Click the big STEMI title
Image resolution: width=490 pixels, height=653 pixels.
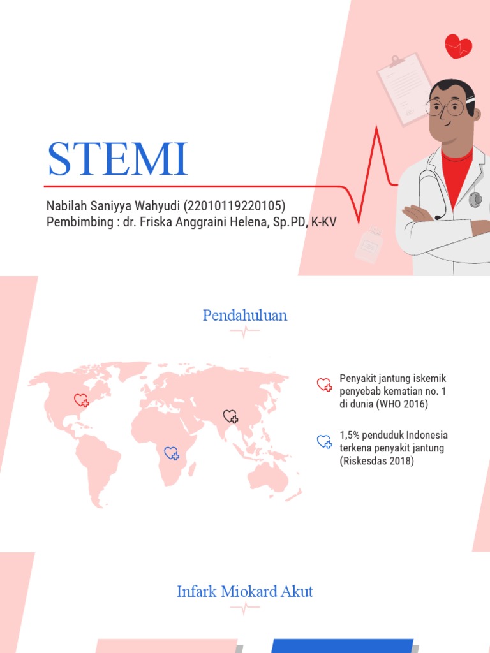[x=117, y=159]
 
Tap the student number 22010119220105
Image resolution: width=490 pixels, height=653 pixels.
[x=235, y=207]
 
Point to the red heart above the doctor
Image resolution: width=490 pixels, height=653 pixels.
[x=458, y=47]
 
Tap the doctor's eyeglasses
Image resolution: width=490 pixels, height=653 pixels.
[x=445, y=107]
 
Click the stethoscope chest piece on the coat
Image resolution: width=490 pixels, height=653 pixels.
[x=475, y=200]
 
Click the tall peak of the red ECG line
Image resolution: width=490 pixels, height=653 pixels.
[x=376, y=131]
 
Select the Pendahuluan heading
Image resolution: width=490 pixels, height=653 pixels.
[x=245, y=315]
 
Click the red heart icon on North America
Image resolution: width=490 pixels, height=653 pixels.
[x=82, y=400]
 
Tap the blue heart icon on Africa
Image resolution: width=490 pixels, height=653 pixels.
[x=172, y=453]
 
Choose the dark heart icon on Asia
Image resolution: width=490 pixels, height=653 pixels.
[x=230, y=417]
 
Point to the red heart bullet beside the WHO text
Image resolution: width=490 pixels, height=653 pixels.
[x=324, y=385]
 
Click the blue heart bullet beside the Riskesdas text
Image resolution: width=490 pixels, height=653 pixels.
[x=324, y=441]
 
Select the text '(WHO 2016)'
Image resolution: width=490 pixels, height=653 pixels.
[x=403, y=404]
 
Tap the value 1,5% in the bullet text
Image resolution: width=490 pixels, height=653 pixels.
[x=350, y=435]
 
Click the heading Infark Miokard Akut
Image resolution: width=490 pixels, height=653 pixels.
[x=245, y=592]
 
